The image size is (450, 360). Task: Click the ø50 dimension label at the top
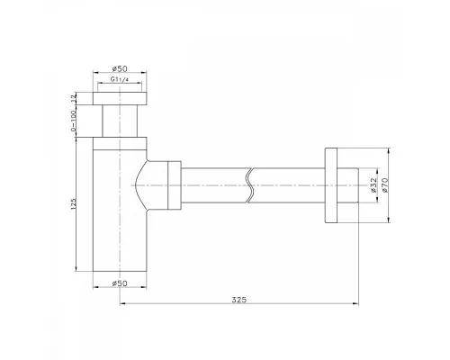tap(120, 68)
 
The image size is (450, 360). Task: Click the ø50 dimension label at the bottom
tap(120, 283)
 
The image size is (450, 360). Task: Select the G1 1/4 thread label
tap(120, 79)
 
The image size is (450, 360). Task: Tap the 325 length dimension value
tap(239, 300)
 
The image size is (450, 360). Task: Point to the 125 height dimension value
tap(74, 203)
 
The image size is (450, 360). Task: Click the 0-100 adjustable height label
tap(73, 121)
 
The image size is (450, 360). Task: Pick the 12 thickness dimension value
tap(74, 98)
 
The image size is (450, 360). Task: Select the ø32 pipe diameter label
tap(373, 184)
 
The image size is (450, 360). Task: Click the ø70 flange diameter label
tap(385, 184)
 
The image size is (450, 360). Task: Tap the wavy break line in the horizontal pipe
tap(249, 185)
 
